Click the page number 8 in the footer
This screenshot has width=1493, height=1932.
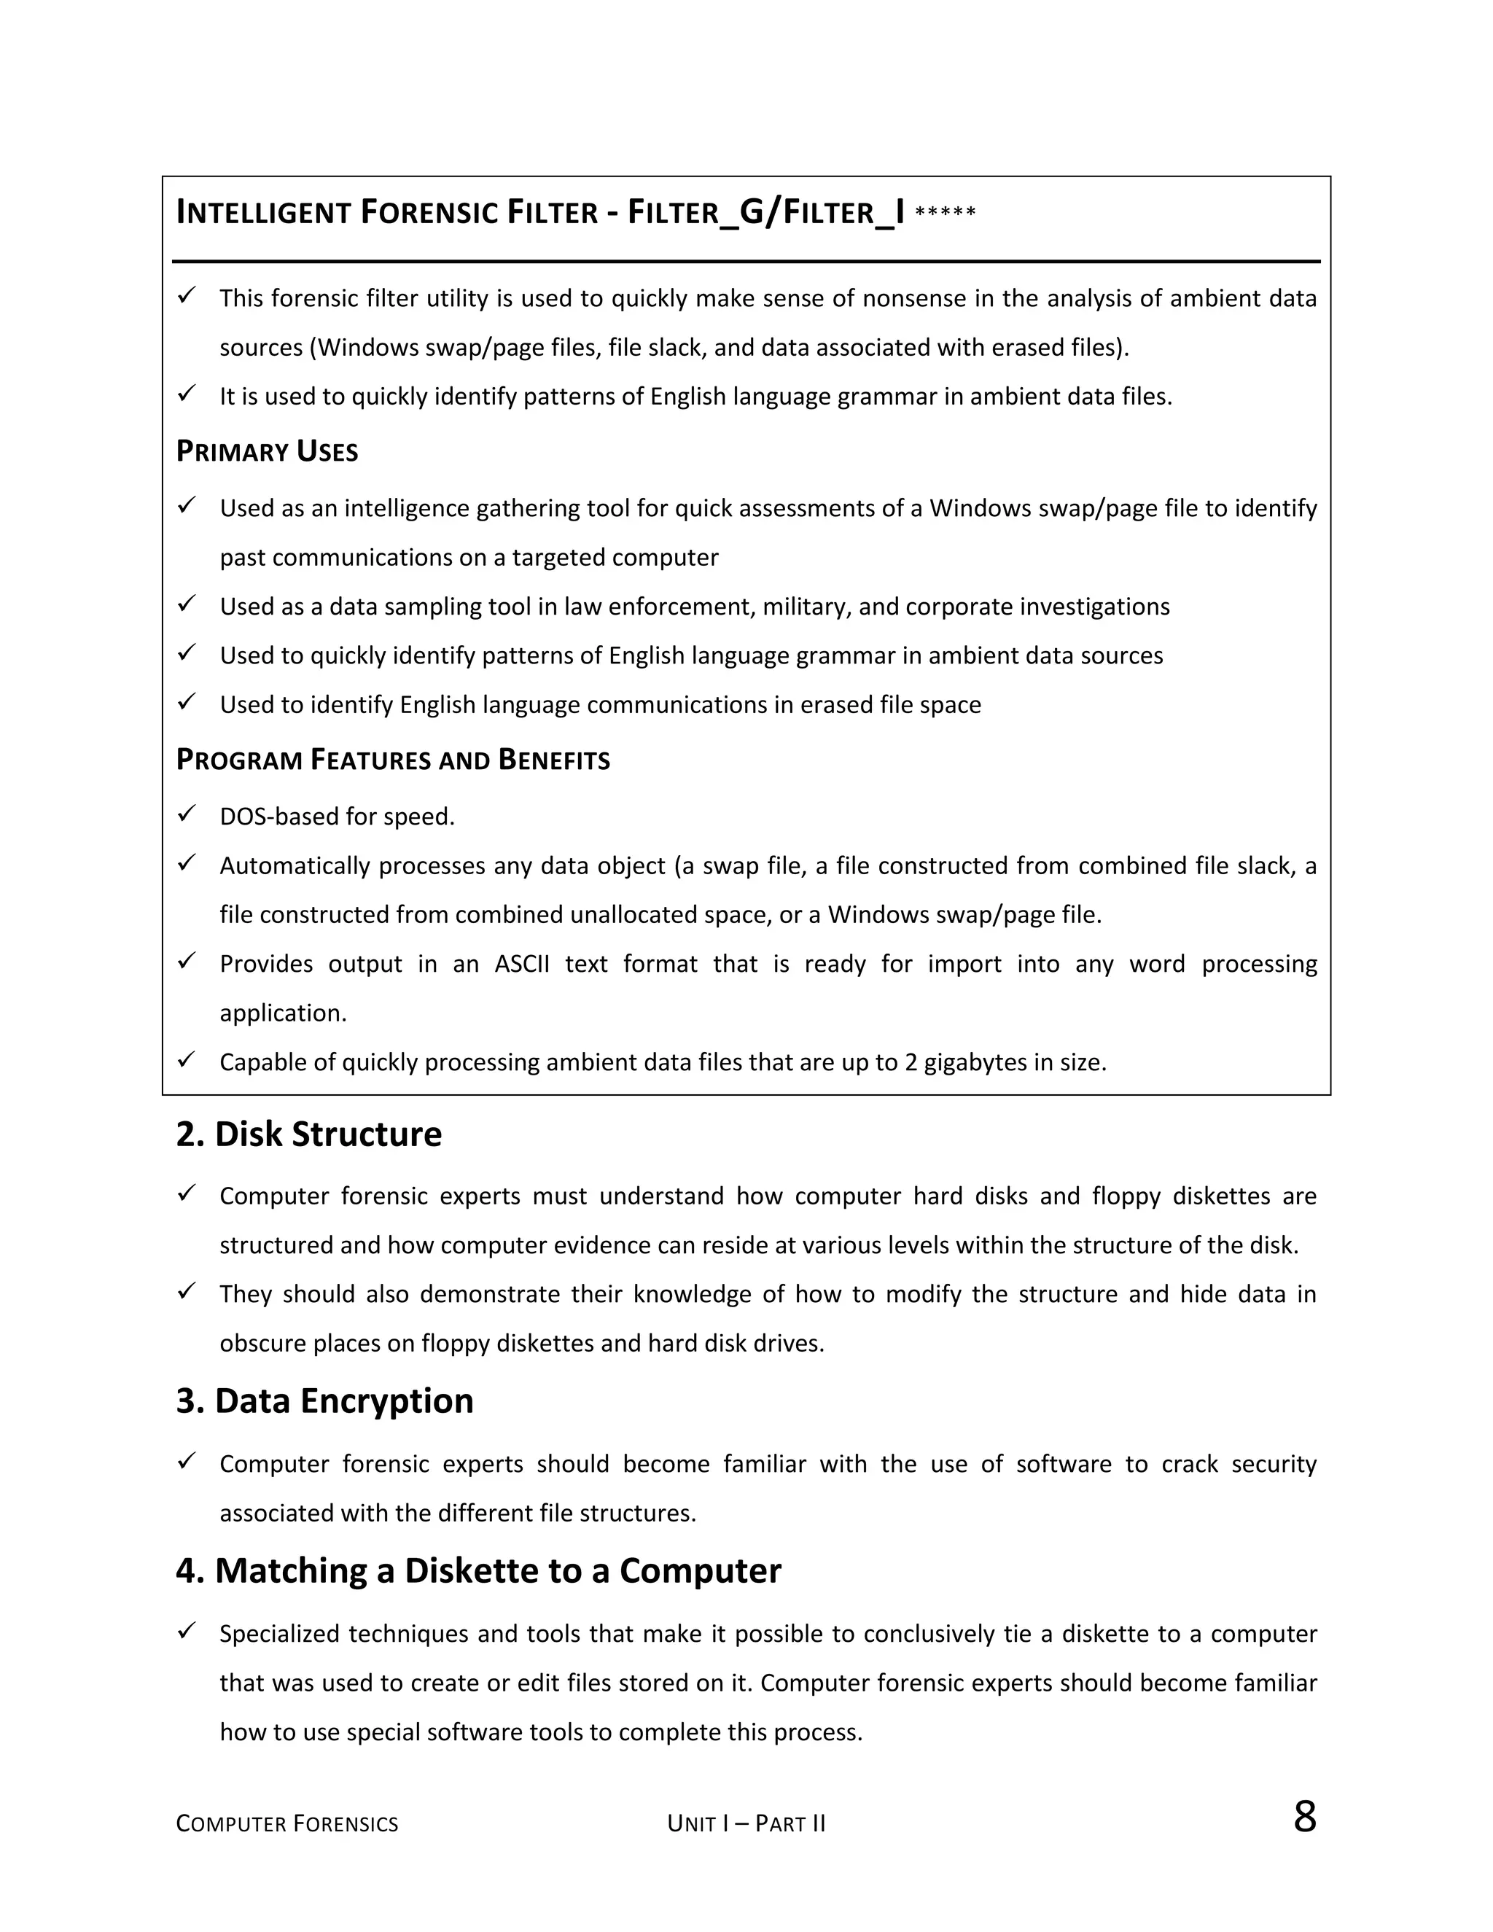point(1303,1817)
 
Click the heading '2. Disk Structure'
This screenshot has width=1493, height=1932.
point(308,1135)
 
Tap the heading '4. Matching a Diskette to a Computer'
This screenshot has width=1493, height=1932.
point(478,1571)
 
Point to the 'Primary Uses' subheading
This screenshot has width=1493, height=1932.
point(267,452)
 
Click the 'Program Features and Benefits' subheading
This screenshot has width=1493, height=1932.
point(393,760)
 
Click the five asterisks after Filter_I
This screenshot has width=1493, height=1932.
point(946,213)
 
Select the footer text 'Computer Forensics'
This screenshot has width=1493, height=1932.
point(286,1824)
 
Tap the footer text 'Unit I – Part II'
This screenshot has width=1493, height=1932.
point(746,1824)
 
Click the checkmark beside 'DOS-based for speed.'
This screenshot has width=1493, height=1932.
point(187,814)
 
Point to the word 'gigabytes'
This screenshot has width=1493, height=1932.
point(975,1062)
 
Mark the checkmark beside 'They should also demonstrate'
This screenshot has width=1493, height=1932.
point(187,1292)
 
